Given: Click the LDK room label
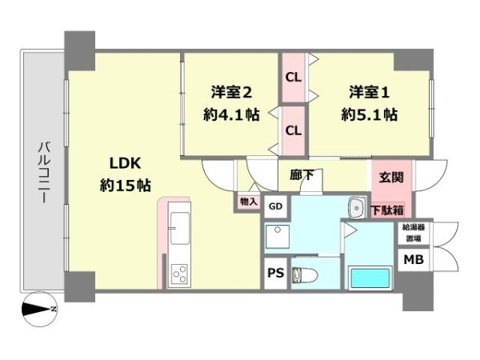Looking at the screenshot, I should click(x=126, y=164).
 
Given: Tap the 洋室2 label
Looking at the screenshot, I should click(x=231, y=91).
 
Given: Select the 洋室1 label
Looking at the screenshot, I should click(x=370, y=91).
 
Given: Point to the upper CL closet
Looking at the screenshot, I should click(x=294, y=77).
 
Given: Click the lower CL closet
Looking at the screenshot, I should click(x=294, y=130).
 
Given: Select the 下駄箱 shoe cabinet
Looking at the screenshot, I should click(x=387, y=210).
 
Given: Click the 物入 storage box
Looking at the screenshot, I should click(x=248, y=202).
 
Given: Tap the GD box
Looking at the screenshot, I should click(x=275, y=206).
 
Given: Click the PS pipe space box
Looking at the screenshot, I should click(x=276, y=273).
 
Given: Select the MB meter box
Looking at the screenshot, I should click(x=414, y=261).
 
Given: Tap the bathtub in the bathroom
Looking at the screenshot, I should click(x=370, y=280).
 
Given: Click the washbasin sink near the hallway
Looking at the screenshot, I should click(x=358, y=208).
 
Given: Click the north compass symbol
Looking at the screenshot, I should click(x=38, y=308).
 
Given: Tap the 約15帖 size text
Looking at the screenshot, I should click(x=126, y=186).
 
